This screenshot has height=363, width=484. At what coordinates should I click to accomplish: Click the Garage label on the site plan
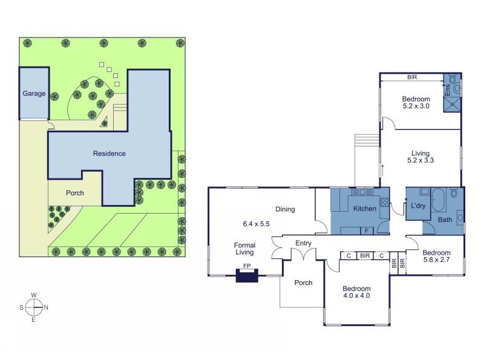click(x=34, y=93)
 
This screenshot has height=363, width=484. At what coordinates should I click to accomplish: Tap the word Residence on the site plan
click(x=110, y=154)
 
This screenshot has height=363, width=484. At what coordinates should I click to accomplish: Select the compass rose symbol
click(x=34, y=307)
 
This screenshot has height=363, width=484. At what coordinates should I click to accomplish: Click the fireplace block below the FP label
click(x=247, y=275)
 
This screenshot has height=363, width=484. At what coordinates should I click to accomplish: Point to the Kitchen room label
click(x=365, y=209)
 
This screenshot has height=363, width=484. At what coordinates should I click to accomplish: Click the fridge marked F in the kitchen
click(x=367, y=231)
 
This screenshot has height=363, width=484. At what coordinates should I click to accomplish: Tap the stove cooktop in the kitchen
click(x=384, y=203)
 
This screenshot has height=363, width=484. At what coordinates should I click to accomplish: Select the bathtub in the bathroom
click(x=438, y=200)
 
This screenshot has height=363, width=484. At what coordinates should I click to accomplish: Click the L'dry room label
click(x=418, y=206)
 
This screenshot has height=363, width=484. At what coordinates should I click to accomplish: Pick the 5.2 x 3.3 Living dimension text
click(x=420, y=160)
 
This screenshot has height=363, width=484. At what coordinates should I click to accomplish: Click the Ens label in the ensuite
click(x=448, y=90)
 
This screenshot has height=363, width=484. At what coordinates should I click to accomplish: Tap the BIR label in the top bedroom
click(x=412, y=77)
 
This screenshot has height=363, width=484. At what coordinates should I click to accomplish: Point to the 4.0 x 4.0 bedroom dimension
click(x=356, y=295)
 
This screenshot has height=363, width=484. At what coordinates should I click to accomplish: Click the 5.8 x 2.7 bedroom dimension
click(x=436, y=260)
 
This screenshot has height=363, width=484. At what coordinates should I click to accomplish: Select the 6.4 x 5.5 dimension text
click(x=256, y=224)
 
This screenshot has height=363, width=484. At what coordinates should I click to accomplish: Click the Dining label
click(x=285, y=209)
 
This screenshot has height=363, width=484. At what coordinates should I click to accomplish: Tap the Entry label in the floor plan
click(x=303, y=243)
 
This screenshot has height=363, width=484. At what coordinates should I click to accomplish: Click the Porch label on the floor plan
click(x=303, y=283)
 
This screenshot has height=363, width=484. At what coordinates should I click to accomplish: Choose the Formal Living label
click(x=245, y=249)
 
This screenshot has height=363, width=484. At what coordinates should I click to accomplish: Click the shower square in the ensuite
click(x=452, y=104)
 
